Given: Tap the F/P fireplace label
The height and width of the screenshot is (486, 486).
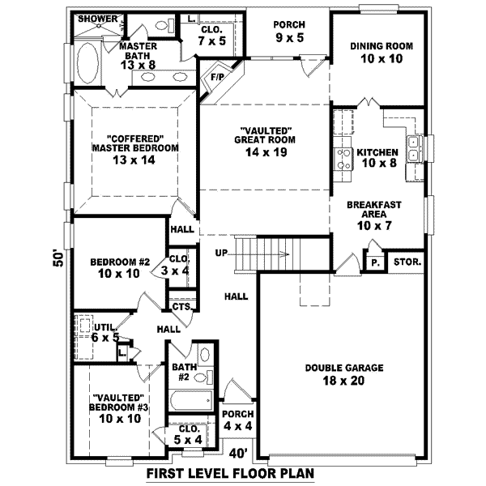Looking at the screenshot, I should tap(216, 78).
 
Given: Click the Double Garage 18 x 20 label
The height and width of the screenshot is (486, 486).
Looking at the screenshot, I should tap(344, 373).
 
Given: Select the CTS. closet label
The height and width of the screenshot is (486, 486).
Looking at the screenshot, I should tap(181, 307).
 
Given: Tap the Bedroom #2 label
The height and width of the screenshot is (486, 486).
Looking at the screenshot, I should tap(120, 268).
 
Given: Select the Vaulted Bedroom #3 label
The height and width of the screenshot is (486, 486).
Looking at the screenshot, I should tap(120, 408).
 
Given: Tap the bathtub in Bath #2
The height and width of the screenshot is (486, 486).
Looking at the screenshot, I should tap(190, 399).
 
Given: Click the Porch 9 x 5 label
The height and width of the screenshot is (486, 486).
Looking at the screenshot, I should tap(288, 31).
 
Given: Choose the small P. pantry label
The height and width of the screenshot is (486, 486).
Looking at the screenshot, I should tap(375, 262).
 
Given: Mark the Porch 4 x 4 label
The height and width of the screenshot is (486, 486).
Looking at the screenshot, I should tap(237, 420).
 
